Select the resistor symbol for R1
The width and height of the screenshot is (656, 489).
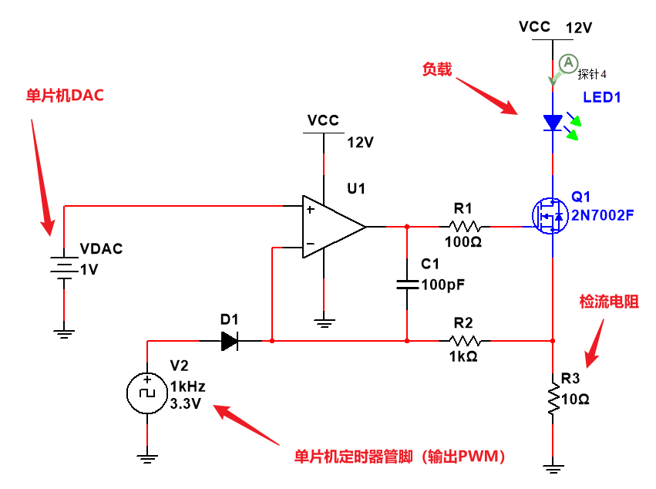click(465, 227)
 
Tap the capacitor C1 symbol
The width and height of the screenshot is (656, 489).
click(406, 285)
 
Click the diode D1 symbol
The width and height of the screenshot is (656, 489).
click(229, 340)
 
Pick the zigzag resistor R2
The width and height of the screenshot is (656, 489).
click(465, 340)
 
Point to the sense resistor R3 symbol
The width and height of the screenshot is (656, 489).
click(553, 397)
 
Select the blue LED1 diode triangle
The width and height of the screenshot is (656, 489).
click(553, 123)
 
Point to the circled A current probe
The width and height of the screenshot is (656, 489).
click(567, 62)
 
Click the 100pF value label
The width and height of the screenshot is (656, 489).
click(443, 285)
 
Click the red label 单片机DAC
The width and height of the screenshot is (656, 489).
click(65, 96)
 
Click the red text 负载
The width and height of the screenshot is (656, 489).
click(436, 69)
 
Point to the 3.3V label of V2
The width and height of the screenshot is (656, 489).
click(186, 403)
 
